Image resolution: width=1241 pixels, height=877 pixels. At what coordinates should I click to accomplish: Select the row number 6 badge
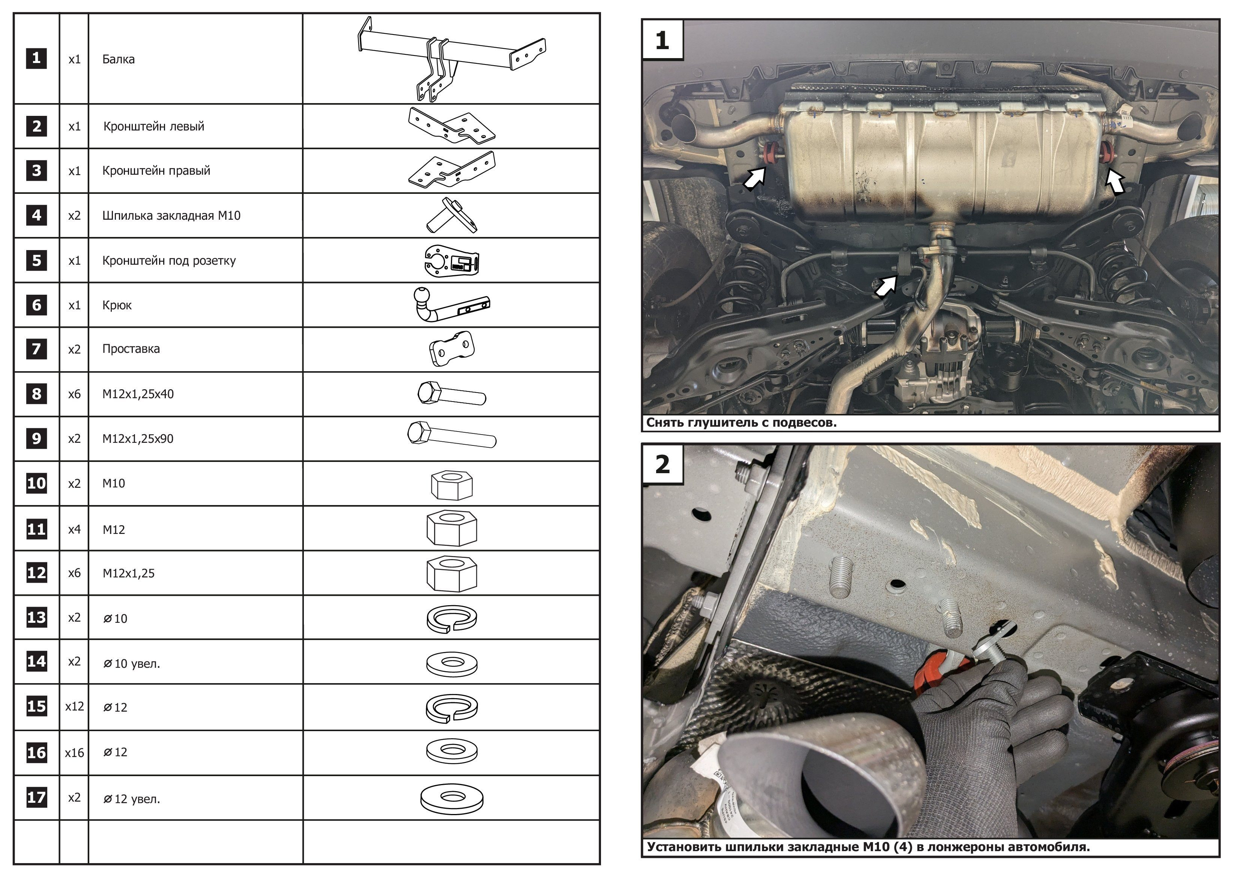36,305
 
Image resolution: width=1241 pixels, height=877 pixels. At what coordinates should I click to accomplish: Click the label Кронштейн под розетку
169,261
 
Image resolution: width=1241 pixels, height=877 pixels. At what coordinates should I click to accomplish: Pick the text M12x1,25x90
138,438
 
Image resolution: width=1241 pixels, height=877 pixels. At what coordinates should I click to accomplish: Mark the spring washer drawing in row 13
452,618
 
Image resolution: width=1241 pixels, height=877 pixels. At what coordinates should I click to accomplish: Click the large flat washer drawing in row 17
452,798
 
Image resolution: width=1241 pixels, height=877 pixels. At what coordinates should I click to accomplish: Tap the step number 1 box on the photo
663,40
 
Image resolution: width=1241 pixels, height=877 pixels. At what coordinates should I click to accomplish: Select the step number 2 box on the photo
663,464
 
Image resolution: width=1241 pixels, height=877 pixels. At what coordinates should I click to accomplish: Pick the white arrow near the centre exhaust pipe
885,286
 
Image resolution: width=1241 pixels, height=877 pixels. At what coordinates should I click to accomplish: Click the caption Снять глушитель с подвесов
741,423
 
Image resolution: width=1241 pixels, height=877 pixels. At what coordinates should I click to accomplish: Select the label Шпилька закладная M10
171,216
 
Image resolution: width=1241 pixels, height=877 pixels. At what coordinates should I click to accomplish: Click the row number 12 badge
36,573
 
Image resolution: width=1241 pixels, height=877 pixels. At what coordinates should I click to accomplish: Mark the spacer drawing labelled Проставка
452,349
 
